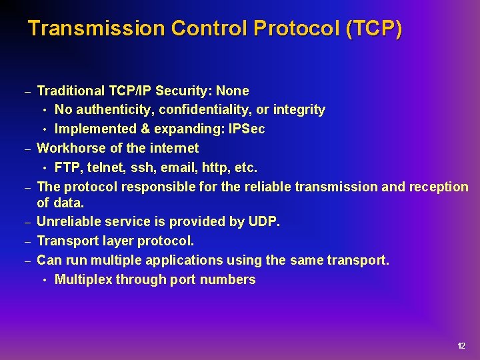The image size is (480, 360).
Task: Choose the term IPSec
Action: click(247, 129)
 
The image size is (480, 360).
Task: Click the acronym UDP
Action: click(265, 222)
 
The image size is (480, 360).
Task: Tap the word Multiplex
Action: click(83, 279)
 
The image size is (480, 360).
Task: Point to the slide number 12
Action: click(461, 346)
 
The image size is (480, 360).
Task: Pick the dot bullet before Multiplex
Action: click(45, 280)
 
